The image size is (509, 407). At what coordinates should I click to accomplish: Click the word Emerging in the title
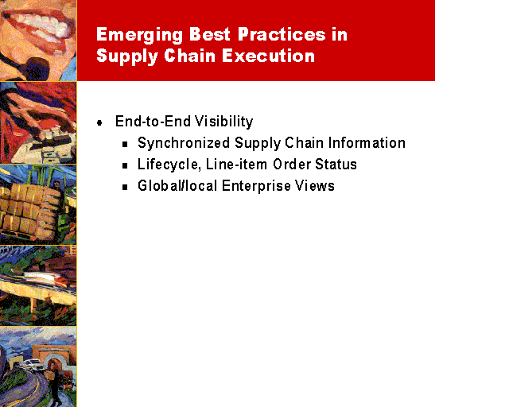coord(140,35)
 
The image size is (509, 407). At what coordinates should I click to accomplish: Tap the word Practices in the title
coord(282,34)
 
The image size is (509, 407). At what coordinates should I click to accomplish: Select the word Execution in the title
coord(269,56)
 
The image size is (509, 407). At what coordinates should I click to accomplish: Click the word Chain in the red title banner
coord(190,56)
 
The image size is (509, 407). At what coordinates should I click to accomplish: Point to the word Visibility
coord(223,122)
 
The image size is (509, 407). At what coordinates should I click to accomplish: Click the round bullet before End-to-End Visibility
coord(99,122)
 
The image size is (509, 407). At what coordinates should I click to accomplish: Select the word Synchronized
coord(184,143)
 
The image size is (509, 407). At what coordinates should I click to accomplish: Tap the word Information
coord(367,143)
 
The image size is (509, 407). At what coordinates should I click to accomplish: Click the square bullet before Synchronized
coord(125,144)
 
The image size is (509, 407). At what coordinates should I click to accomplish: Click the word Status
coord(336,165)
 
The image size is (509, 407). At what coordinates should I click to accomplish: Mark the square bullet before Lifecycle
coord(125,165)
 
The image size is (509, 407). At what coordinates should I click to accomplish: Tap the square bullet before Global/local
coord(125,188)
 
